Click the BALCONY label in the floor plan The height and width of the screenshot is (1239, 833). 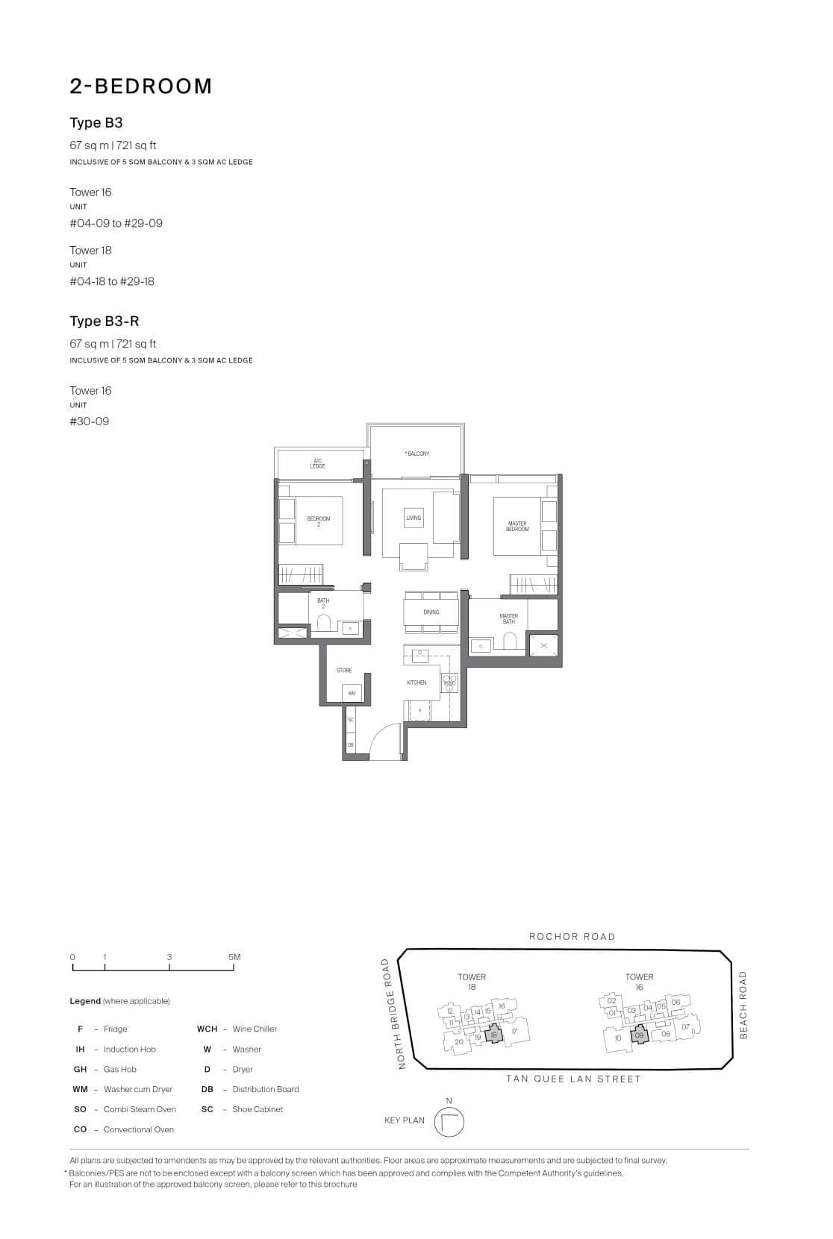(417, 454)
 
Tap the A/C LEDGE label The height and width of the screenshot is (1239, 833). (318, 463)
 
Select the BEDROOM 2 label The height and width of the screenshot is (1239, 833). (319, 521)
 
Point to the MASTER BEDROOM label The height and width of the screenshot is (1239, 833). (517, 526)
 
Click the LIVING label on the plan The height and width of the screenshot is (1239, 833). (414, 518)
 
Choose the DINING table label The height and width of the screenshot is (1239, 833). (431, 612)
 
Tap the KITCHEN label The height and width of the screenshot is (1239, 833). (416, 683)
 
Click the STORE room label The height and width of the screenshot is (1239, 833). (344, 671)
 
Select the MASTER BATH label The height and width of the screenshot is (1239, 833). (508, 618)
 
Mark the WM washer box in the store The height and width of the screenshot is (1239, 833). (352, 694)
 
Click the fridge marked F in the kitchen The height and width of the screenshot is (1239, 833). (420, 711)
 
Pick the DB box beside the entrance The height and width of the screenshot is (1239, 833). (351, 744)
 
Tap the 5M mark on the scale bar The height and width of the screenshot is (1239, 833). (234, 957)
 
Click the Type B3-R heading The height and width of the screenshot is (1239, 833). (104, 321)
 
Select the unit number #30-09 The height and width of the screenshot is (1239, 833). (90, 421)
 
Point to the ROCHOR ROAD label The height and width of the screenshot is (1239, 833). (572, 936)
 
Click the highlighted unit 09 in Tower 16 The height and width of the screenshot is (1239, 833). (639, 1035)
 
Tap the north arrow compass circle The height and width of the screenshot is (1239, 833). (449, 1122)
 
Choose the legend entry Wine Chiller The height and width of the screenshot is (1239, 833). (255, 1029)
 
